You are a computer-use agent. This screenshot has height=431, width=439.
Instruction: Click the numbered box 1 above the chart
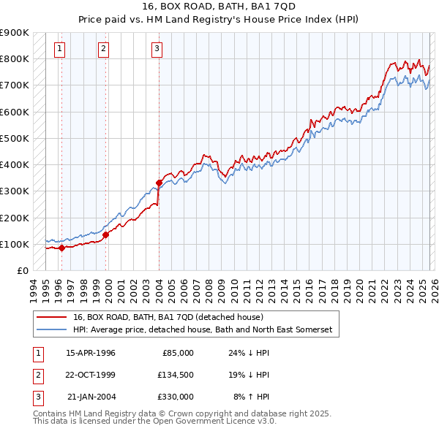tap(59, 49)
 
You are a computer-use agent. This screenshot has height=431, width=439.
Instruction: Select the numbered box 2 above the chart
tap(104, 49)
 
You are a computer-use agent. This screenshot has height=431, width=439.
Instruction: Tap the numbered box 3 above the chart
tap(157, 49)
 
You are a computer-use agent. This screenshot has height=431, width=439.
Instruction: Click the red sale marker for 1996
tap(61, 248)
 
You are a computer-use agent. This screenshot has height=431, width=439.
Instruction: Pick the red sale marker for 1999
tap(106, 234)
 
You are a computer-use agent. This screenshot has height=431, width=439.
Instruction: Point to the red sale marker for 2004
tap(160, 183)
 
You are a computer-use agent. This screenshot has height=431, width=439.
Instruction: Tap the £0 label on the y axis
tap(22, 270)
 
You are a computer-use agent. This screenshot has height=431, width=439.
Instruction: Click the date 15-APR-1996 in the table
tap(91, 353)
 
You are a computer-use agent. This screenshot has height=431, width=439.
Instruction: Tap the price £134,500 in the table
tap(175, 375)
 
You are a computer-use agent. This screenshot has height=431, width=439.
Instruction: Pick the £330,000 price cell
tap(175, 397)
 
